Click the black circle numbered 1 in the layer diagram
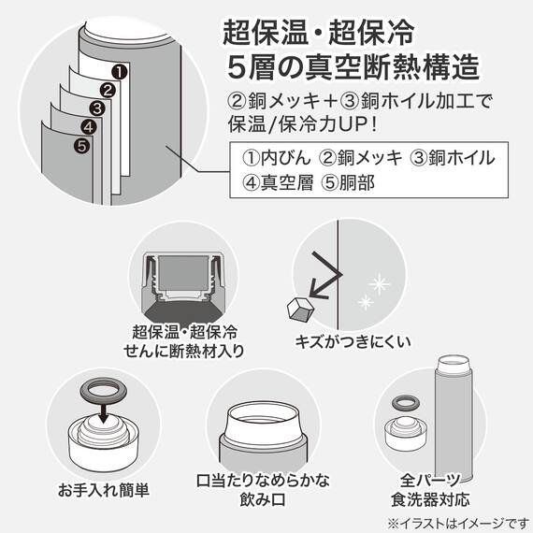(119, 70)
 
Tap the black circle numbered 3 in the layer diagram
(97, 108)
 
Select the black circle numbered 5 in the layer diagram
(81, 145)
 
